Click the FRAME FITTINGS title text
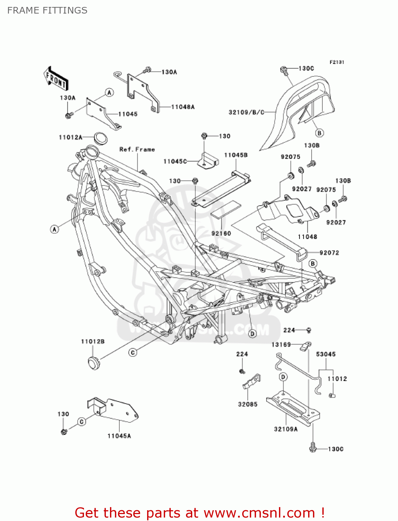click(x=47, y=10)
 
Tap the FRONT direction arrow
click(x=56, y=79)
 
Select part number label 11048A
click(x=183, y=107)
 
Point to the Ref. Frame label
click(x=137, y=149)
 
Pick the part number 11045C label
click(x=175, y=162)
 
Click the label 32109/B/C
click(x=246, y=112)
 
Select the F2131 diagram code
click(x=337, y=62)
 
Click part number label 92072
click(x=329, y=253)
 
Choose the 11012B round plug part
click(x=93, y=362)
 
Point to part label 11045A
click(x=119, y=436)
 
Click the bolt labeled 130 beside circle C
click(x=64, y=432)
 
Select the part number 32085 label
click(x=247, y=404)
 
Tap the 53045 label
click(x=326, y=354)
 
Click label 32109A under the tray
click(x=286, y=429)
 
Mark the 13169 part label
click(x=281, y=345)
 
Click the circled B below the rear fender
click(x=319, y=133)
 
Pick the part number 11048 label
click(x=307, y=237)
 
